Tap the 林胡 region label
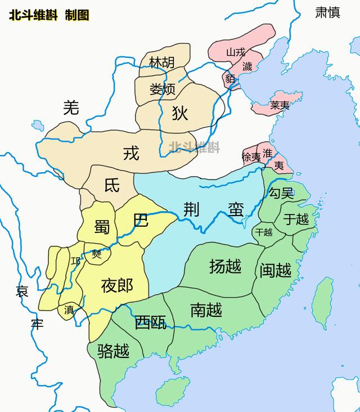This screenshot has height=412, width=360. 161,63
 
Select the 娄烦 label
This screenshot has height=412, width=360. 163,89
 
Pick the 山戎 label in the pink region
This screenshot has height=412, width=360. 236,52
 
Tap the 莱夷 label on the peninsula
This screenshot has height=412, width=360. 280,105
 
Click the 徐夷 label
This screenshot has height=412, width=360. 251,157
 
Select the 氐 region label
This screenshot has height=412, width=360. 112,186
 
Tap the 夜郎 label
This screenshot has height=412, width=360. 117,286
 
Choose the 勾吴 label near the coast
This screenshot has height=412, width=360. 281,194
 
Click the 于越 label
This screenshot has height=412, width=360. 296,219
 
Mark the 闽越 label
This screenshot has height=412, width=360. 276,271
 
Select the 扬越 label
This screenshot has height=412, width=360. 225,266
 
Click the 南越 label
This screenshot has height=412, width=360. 206,310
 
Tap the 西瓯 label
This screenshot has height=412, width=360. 150,323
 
